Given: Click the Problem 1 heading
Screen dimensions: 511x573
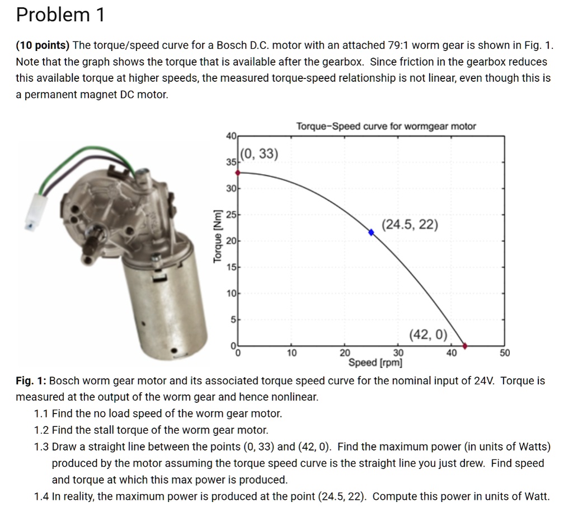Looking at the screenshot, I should point(60,15).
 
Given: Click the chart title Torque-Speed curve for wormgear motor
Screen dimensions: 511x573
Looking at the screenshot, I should point(386,126).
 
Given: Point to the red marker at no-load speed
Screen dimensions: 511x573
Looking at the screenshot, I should point(466,346).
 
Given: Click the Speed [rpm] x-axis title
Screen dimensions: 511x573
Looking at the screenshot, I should point(375,363).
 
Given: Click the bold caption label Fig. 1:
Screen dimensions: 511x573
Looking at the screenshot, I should point(31,381).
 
